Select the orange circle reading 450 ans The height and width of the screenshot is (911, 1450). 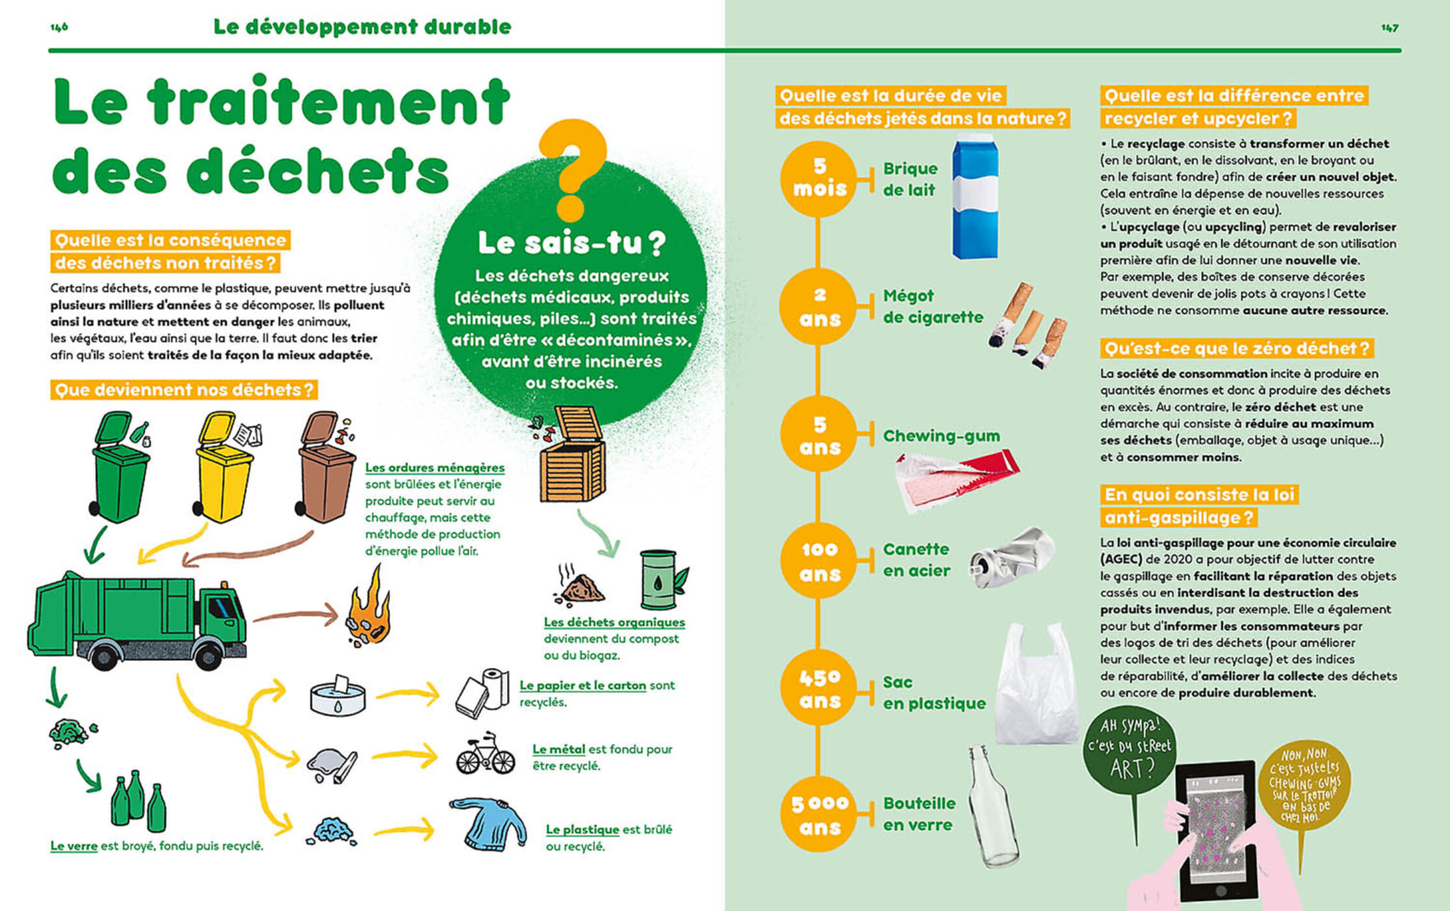tap(818, 688)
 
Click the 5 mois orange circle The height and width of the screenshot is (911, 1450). tap(818, 178)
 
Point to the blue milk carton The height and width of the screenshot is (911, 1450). tap(974, 198)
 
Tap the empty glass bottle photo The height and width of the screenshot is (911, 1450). tap(993, 807)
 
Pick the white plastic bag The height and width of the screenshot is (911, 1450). tap(1037, 687)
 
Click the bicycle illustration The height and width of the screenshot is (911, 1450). tap(485, 755)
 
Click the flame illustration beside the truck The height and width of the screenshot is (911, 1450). tap(369, 608)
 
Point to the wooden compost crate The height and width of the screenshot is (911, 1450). tap(572, 455)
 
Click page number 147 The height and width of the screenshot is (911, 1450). tap(1390, 28)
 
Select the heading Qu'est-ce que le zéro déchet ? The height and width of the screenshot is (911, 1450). tap(1236, 349)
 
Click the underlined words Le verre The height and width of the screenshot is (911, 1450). tap(74, 846)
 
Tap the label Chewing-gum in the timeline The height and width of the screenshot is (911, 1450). tap(941, 435)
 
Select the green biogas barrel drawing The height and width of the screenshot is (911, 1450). tap(660, 579)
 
